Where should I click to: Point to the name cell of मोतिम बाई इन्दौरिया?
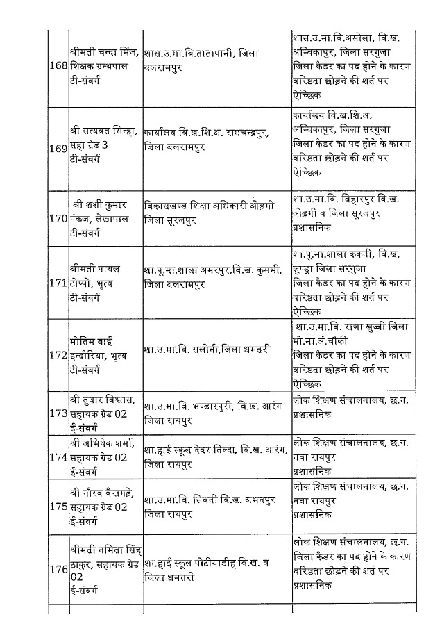(x=105, y=355)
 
